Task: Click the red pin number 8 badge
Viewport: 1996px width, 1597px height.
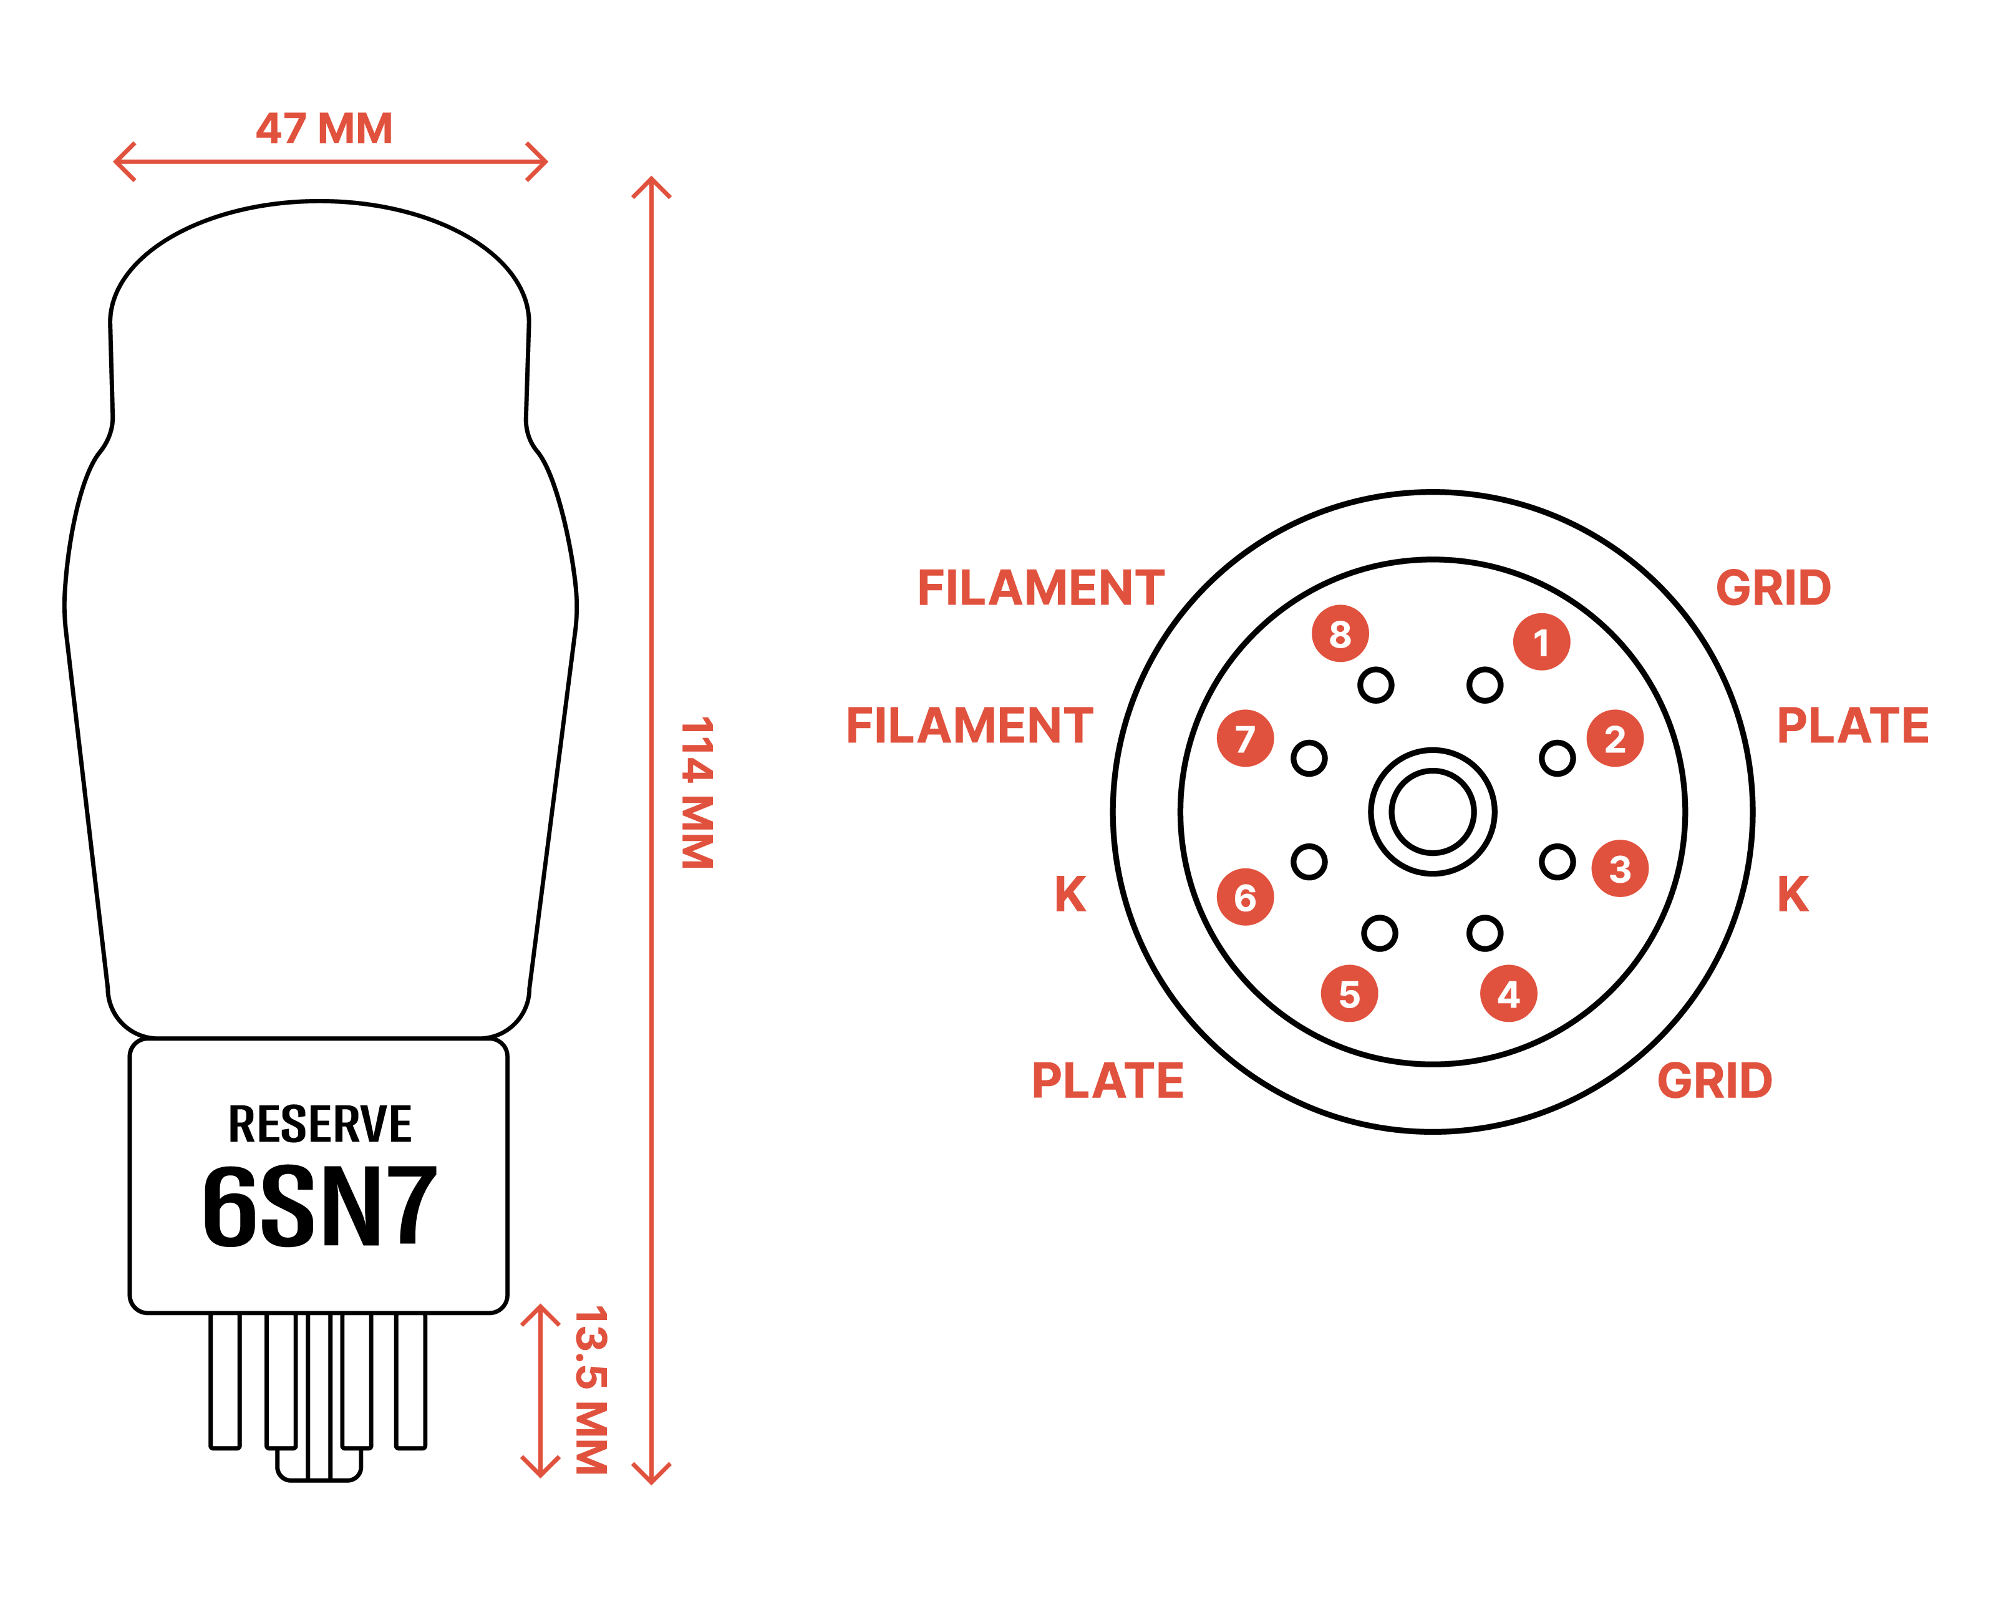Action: (1340, 634)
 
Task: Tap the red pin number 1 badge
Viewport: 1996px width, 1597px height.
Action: (1541, 641)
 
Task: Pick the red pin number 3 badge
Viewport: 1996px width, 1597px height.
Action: (1620, 868)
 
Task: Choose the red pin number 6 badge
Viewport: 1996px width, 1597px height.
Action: (1245, 897)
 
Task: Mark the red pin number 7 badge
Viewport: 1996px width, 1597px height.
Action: (1245, 739)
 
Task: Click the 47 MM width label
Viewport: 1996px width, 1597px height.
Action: (324, 129)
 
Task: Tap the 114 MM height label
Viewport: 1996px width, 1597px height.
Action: (697, 794)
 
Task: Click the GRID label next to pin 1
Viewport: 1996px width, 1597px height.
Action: (1773, 588)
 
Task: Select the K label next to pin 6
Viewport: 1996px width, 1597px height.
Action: (1070, 895)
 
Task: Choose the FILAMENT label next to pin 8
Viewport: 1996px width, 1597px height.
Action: (1040, 588)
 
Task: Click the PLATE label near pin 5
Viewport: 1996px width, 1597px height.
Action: (1107, 1080)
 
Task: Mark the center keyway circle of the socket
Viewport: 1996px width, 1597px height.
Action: (1432, 812)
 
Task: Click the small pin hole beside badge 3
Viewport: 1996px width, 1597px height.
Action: (1557, 862)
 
